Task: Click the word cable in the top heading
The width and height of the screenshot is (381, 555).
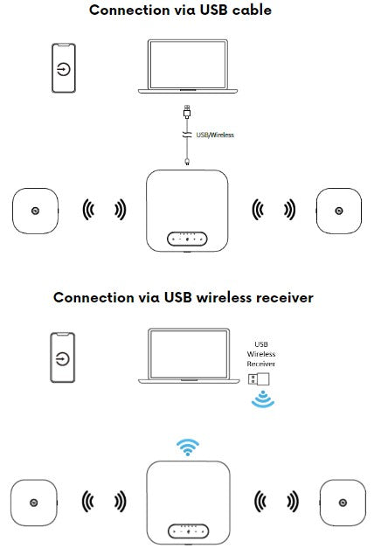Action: [x=252, y=10]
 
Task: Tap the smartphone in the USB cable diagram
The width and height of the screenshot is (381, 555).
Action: [x=64, y=68]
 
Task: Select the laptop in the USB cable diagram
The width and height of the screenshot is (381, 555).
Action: [x=188, y=66]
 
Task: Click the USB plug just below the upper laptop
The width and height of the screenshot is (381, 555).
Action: [x=187, y=112]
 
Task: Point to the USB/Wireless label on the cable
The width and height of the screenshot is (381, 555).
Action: [x=215, y=135]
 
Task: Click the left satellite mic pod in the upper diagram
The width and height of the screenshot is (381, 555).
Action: [x=35, y=211]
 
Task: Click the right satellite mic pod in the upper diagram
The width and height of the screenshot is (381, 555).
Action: [x=338, y=211]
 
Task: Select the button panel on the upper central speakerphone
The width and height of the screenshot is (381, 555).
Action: [x=187, y=239]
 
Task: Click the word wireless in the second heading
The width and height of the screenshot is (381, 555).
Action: [x=224, y=298]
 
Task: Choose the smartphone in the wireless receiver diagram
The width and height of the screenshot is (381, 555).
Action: [x=63, y=357]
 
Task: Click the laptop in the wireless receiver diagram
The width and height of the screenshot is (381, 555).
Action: [x=189, y=356]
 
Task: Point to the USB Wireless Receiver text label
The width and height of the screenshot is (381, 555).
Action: [x=261, y=354]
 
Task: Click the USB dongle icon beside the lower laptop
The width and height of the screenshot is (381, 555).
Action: [x=259, y=379]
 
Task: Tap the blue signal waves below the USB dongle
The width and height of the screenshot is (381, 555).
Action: [x=263, y=400]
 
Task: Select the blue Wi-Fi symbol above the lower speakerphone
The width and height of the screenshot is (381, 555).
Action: [x=188, y=447]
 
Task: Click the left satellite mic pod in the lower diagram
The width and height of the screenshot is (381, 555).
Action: [x=33, y=503]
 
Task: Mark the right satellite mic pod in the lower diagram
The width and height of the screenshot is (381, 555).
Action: [x=343, y=503]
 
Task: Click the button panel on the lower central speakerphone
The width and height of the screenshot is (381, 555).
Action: [x=188, y=531]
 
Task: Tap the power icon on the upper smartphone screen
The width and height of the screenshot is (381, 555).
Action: [x=63, y=69]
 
